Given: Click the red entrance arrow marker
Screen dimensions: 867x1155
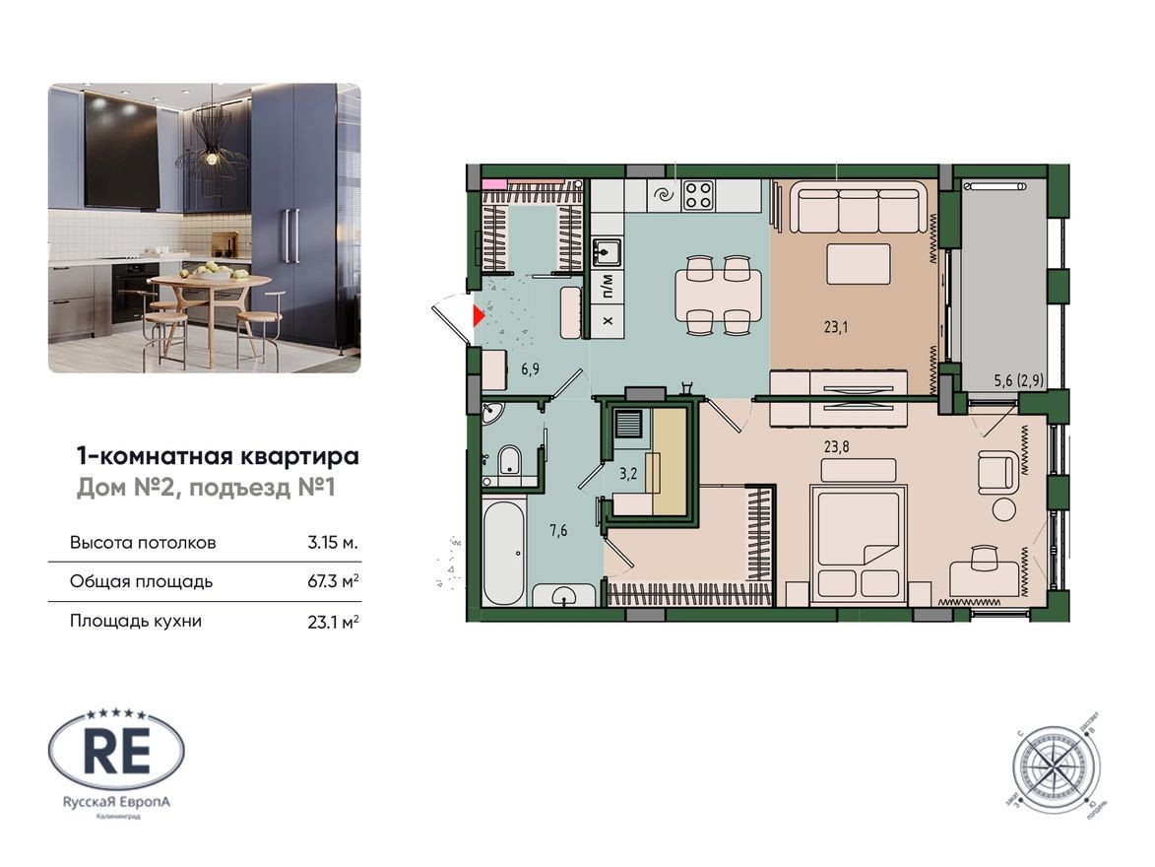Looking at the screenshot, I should coord(479,316).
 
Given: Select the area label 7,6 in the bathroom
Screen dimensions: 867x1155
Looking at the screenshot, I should coord(558,532).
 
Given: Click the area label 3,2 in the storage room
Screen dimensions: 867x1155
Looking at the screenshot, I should coord(626,471).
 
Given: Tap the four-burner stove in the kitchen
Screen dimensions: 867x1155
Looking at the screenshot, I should coord(699,194).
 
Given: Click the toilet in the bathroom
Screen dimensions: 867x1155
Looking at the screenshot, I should coord(508,461).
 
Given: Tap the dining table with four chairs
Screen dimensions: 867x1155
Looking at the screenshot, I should coord(717,294).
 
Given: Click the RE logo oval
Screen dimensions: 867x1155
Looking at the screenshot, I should coord(116,755).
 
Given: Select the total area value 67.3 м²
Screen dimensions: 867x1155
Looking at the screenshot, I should coord(332,581).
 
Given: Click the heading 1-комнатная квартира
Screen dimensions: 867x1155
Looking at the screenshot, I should coord(217,456).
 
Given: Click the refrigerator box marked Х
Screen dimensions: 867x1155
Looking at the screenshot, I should coord(607,321).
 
